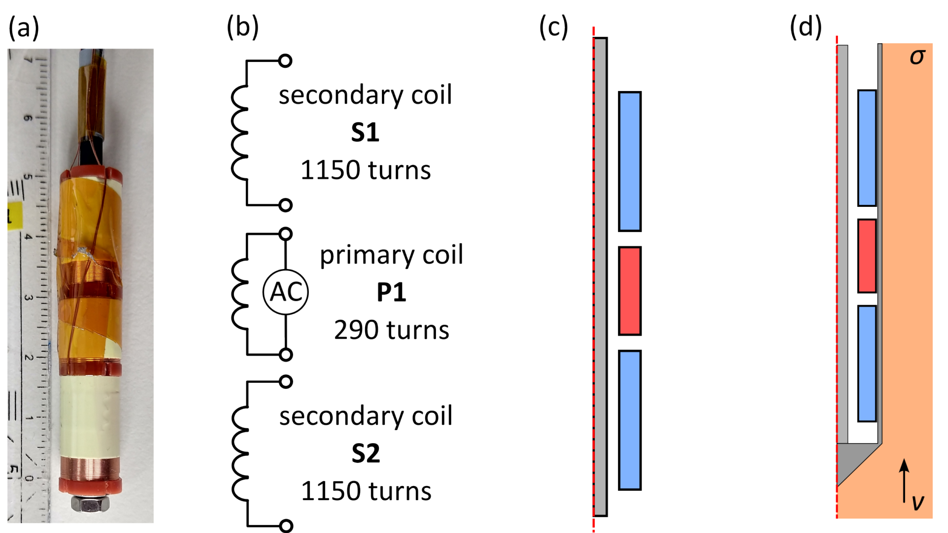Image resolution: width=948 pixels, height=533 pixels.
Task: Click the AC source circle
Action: point(286,292)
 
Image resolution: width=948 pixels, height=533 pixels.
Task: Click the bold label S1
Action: point(365,132)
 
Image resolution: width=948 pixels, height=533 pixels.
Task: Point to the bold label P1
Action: point(391,292)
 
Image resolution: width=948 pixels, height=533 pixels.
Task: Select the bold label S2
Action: point(365,454)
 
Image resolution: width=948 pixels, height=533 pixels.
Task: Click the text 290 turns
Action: point(392,330)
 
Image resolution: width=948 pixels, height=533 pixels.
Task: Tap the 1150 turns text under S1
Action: point(365,170)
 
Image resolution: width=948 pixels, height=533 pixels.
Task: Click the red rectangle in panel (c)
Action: point(630,291)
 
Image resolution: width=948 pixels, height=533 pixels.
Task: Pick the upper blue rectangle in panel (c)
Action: point(630,161)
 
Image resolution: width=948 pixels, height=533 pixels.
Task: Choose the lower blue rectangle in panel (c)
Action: point(630,420)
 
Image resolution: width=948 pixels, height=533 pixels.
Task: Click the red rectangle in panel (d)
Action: point(867,256)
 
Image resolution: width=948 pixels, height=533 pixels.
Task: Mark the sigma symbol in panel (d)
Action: point(917,57)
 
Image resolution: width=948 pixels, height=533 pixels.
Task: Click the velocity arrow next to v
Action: point(904,481)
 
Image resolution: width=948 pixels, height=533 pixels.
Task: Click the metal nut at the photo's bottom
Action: point(90,504)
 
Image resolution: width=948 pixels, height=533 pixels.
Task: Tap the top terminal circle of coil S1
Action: point(285,60)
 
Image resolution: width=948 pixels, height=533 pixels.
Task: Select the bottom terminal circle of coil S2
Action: point(286,526)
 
